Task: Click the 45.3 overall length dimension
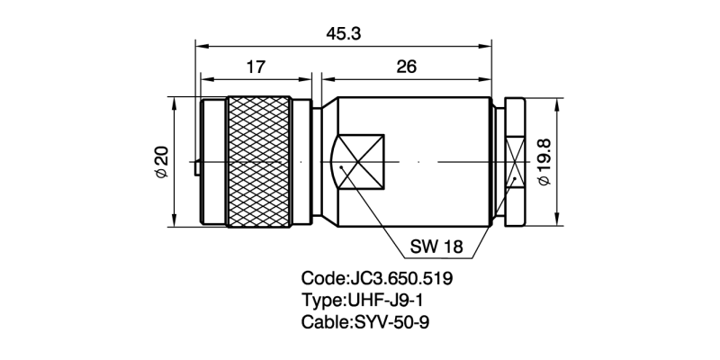click(x=346, y=33)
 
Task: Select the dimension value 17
click(x=256, y=67)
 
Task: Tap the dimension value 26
click(x=405, y=67)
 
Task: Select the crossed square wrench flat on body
click(x=360, y=162)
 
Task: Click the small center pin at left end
click(x=196, y=166)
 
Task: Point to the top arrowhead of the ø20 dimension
click(x=174, y=99)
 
